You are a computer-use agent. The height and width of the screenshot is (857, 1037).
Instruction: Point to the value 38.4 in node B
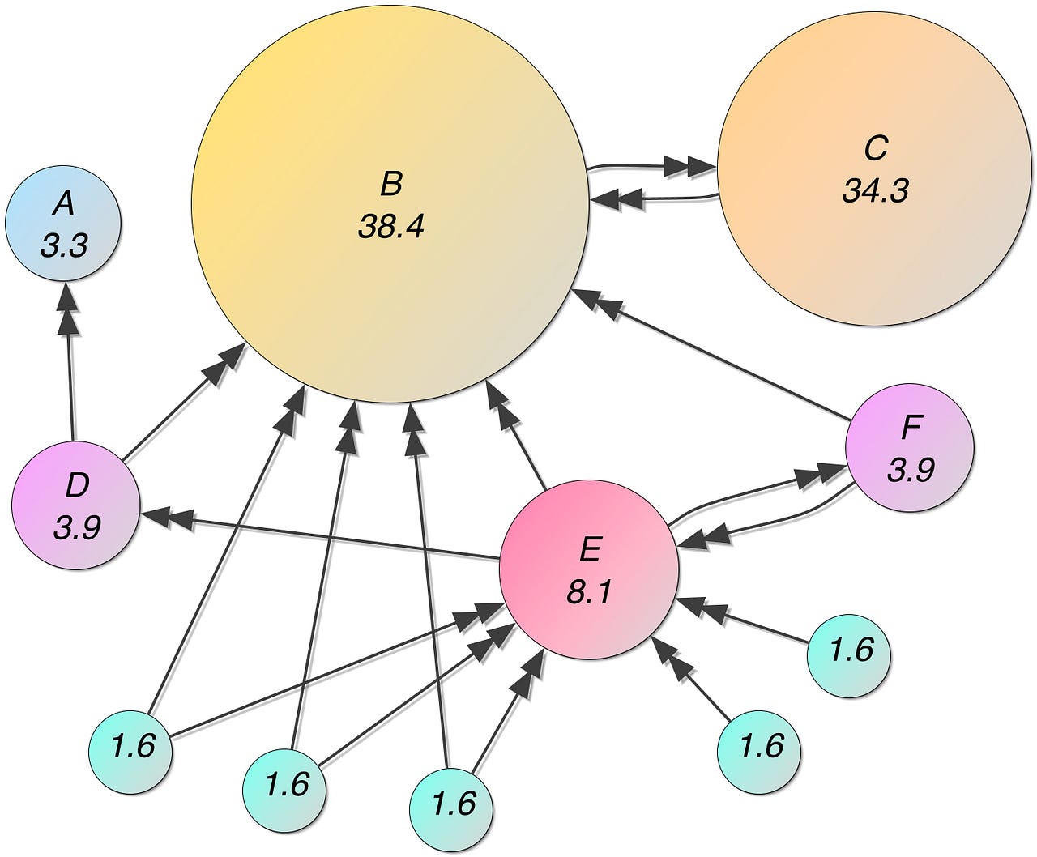pos(390,228)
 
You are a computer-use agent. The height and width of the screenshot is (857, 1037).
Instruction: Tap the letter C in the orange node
pos(876,149)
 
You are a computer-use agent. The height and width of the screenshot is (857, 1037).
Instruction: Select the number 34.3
pos(876,191)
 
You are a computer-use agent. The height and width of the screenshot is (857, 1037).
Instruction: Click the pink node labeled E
pos(589,567)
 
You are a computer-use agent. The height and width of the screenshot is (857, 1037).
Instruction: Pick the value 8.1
pos(589,593)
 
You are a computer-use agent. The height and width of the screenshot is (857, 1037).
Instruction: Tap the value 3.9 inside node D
pos(77,527)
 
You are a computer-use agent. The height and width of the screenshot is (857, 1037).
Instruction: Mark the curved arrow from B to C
pos(648,167)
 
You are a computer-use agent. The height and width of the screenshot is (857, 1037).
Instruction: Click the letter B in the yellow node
pos(390,185)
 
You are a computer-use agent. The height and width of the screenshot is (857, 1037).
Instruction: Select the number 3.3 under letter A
pos(63,245)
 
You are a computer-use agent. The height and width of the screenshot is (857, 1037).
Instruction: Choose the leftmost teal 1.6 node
pos(130,746)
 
